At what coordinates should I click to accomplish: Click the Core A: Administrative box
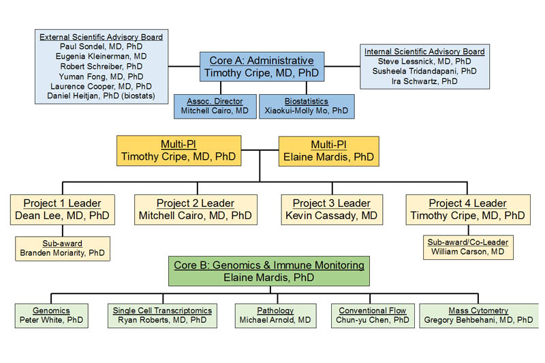click(x=262, y=67)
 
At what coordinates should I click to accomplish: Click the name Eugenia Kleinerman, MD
click(x=102, y=57)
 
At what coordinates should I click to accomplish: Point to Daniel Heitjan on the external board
click(x=102, y=97)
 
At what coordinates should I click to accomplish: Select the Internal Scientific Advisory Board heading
click(x=424, y=51)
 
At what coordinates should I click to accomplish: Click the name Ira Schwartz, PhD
click(x=424, y=81)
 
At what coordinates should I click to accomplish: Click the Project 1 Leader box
click(x=62, y=209)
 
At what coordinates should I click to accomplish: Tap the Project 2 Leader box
click(x=196, y=209)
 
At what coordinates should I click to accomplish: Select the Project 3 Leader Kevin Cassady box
click(x=331, y=209)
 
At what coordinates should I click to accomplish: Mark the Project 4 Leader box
click(x=467, y=209)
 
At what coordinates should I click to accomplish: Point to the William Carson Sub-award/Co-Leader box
click(x=467, y=246)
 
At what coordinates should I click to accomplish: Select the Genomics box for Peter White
click(x=52, y=315)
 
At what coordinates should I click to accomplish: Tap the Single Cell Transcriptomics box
click(x=161, y=315)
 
